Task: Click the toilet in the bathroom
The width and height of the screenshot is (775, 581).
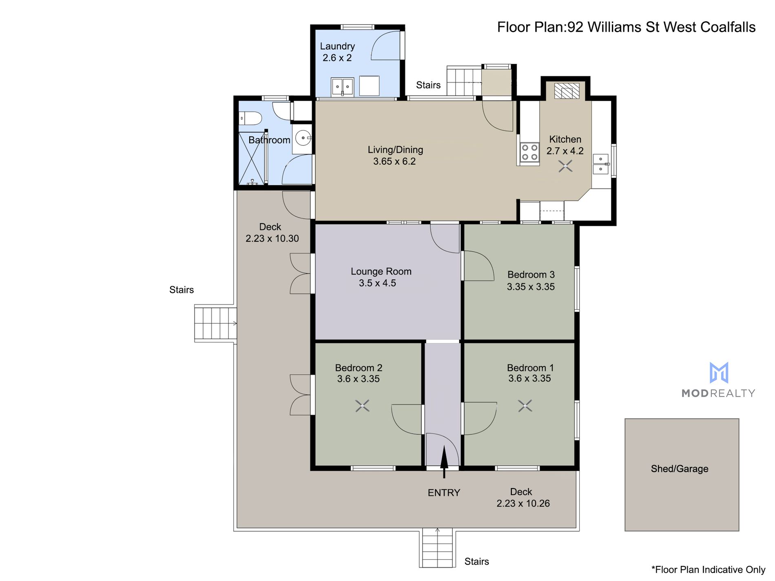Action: pos(250,119)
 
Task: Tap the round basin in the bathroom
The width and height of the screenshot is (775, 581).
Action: pos(303,138)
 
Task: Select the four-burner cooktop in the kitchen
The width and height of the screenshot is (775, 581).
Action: pos(529,152)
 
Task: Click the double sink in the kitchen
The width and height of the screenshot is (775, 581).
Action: pos(601,164)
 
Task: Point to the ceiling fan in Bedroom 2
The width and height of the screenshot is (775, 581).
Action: pos(362,406)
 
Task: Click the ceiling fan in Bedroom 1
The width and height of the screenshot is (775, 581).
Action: pos(525,406)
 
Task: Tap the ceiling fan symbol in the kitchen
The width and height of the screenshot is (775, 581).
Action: pos(565,166)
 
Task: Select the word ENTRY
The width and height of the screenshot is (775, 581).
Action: pos(444,493)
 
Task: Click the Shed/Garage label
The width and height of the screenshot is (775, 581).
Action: pos(680,469)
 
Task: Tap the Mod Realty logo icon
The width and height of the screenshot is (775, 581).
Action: pos(719,373)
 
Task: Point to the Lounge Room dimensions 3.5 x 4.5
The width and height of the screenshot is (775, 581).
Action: pos(377,283)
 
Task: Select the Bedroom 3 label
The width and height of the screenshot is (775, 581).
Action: pos(531,275)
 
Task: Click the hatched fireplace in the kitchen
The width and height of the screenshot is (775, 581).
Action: pos(567,91)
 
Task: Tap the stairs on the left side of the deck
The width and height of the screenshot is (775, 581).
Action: pos(215,323)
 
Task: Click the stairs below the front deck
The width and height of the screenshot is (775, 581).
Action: pos(437,547)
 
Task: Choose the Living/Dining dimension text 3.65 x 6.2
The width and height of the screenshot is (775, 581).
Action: pos(394,161)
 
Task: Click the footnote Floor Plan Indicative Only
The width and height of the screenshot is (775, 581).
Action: pos(709,570)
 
